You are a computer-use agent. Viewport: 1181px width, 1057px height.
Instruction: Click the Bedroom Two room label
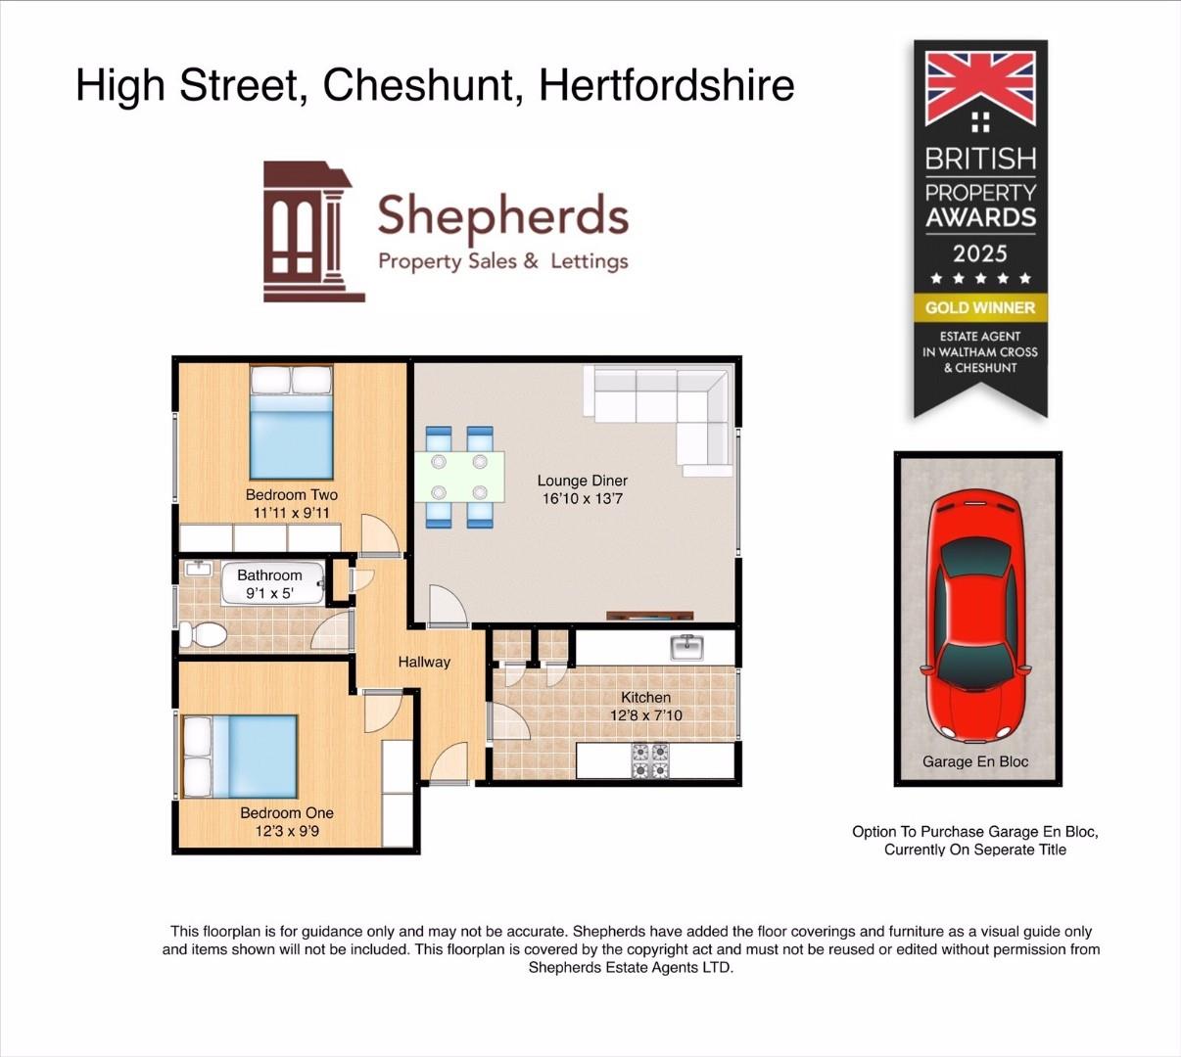[x=291, y=495]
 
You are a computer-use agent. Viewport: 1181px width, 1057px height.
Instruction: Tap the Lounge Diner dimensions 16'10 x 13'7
[x=582, y=499]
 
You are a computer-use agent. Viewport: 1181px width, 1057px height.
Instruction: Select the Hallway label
[x=424, y=662]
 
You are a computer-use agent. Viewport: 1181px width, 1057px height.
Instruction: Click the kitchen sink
[x=687, y=647]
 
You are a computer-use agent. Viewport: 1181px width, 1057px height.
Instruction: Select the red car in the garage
[x=976, y=617]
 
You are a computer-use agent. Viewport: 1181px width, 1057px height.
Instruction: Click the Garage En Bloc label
[x=975, y=761]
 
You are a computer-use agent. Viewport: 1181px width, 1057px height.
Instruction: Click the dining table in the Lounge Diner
[x=459, y=476]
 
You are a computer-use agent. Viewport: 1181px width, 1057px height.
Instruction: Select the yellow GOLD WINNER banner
[x=980, y=307]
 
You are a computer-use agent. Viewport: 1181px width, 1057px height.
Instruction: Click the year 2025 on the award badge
[x=980, y=253]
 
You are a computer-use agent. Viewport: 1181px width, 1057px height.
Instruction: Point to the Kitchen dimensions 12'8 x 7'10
[x=645, y=715]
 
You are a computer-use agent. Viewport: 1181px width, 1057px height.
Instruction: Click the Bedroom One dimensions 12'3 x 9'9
[x=287, y=831]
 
